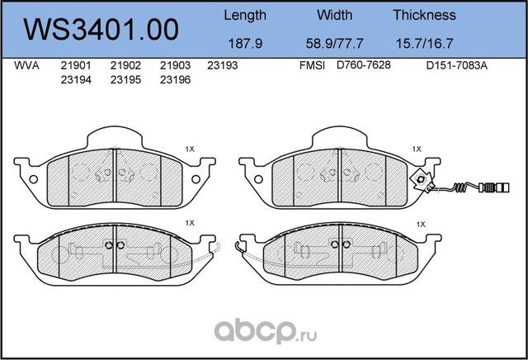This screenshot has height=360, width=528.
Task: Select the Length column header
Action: [245, 15]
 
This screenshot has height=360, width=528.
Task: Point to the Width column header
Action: [334, 15]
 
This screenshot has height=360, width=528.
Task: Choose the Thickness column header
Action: [424, 15]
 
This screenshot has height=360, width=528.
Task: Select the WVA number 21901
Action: [75, 64]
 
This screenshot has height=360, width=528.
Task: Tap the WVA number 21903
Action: [175, 64]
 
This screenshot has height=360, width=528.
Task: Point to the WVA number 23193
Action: [223, 64]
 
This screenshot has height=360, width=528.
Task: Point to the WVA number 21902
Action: [125, 64]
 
